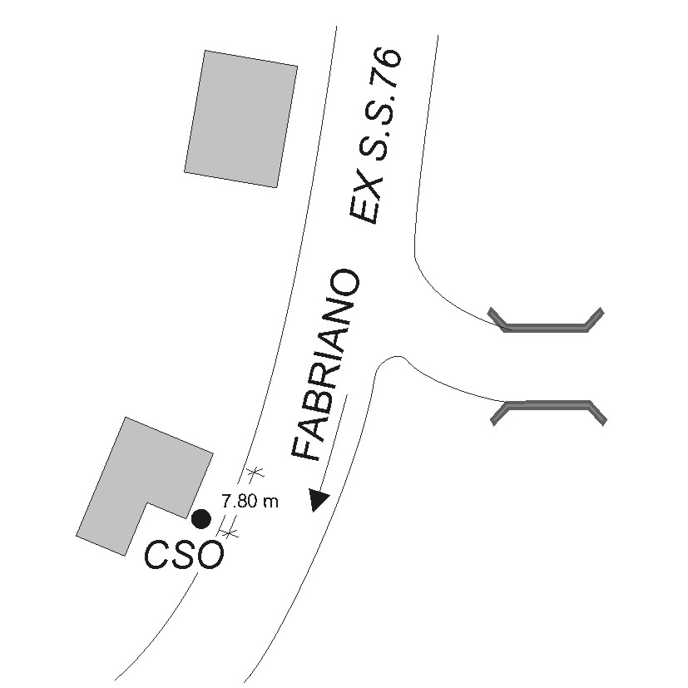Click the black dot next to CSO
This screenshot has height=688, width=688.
click(200, 519)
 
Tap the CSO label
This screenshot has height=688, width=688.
click(184, 555)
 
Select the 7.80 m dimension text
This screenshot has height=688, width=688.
click(250, 501)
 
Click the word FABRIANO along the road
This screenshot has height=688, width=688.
click(326, 366)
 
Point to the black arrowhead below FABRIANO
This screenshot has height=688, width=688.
click(319, 500)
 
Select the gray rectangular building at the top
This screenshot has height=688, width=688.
click(240, 118)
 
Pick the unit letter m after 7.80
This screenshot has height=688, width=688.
click(271, 502)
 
